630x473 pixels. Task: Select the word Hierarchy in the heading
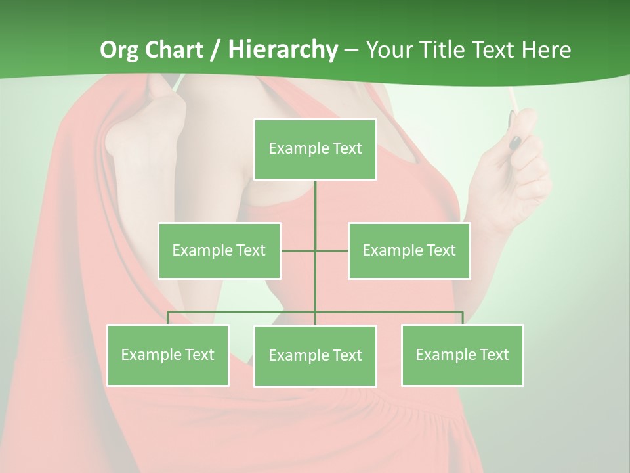pos(283,50)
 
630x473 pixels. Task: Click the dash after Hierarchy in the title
pos(351,50)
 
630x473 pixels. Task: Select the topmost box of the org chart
pos(315,149)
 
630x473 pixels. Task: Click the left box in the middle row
pos(219,250)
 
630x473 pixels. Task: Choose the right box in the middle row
pos(409,250)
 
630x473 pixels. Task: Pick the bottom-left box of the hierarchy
pos(168,355)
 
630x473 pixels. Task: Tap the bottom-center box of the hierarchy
pos(315,355)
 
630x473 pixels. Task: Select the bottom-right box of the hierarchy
pos(462,355)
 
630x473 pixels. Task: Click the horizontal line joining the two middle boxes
pos(299,250)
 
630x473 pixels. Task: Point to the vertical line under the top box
pos(315,210)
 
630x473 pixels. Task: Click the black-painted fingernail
pos(516,142)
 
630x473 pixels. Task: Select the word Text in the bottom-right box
pos(494,355)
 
